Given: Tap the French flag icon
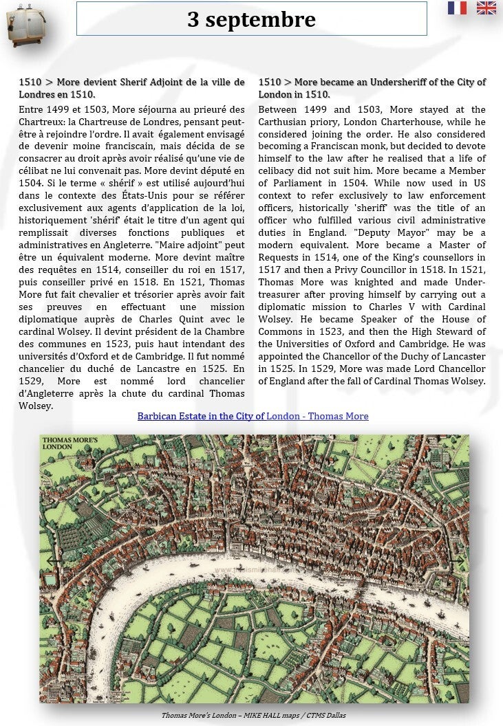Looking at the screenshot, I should tap(457, 8).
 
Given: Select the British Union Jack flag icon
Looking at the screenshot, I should tap(486, 8).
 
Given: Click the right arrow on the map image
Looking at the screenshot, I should tap(456, 562).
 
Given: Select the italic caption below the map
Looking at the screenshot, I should tap(253, 716).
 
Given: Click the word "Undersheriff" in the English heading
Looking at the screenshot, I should tap(400, 82).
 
